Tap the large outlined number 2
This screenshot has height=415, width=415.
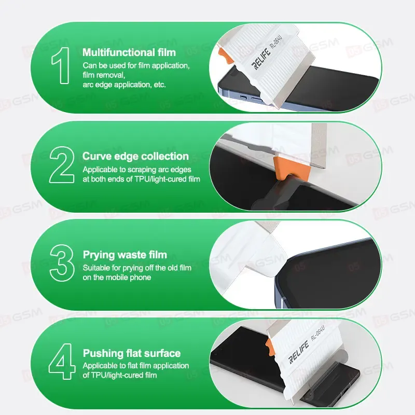click(x=62, y=164)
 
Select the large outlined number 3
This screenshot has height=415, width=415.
click(x=62, y=263)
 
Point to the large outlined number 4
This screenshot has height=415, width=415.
click(x=62, y=361)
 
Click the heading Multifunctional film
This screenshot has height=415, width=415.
click(x=129, y=52)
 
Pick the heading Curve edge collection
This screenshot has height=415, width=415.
click(x=135, y=156)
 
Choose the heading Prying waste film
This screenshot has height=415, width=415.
click(x=125, y=255)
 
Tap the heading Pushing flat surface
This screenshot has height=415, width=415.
click(x=132, y=353)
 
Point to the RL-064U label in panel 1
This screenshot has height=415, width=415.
click(x=276, y=42)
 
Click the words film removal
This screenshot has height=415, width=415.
click(x=103, y=75)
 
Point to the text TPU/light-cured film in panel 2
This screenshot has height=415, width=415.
click(x=168, y=179)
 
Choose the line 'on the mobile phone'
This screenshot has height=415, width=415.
click(x=117, y=278)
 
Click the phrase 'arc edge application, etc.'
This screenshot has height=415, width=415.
click(x=124, y=85)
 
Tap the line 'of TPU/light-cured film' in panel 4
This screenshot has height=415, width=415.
click(x=120, y=375)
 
